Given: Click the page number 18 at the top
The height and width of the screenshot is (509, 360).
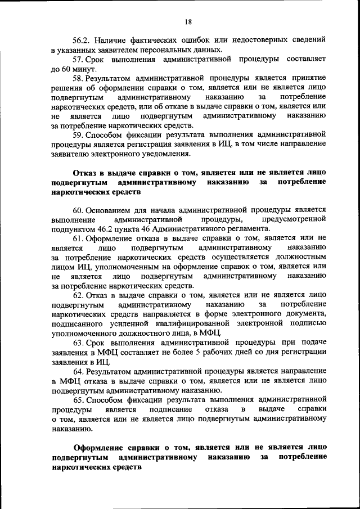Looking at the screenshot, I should pos(188,21).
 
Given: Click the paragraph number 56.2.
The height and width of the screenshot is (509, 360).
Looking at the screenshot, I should pos(82,40).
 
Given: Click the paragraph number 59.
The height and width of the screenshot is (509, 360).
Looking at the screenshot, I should pos(80,135).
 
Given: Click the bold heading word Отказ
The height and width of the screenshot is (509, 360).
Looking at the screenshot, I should pos(85,173).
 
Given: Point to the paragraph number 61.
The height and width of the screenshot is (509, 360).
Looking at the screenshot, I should pos(79,238).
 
